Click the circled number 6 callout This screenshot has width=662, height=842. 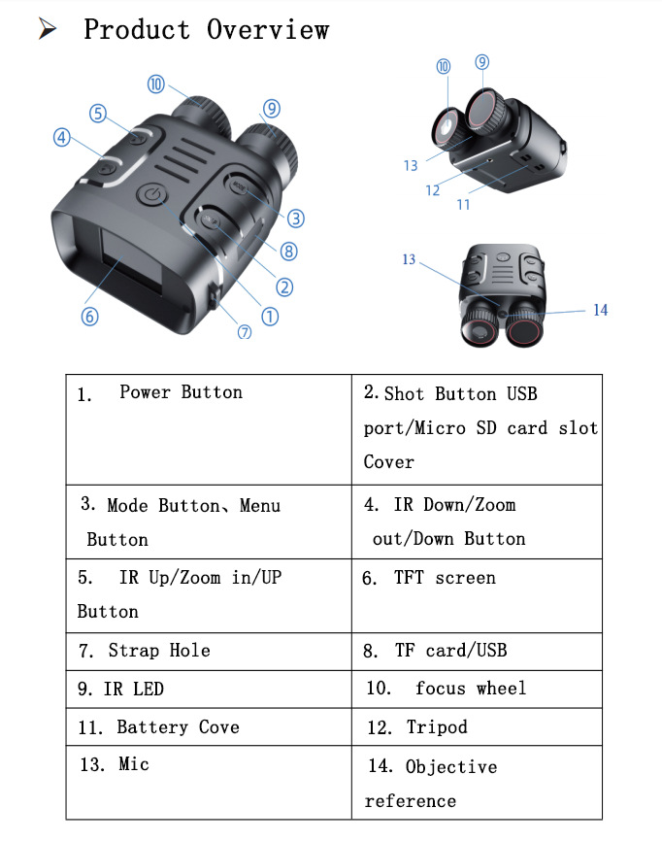pyautogui.click(x=89, y=317)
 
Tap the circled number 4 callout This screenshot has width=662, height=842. pyautogui.click(x=62, y=138)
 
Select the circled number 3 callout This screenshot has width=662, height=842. pyautogui.click(x=296, y=219)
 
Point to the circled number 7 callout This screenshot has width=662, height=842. pyautogui.click(x=245, y=331)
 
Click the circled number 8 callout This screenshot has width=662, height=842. pyautogui.click(x=288, y=252)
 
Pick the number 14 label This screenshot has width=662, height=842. pyautogui.click(x=600, y=310)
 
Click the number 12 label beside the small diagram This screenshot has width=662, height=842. pyautogui.click(x=433, y=190)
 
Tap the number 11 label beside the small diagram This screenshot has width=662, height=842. pyautogui.click(x=463, y=205)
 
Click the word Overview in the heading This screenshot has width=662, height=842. pyautogui.click(x=267, y=29)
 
